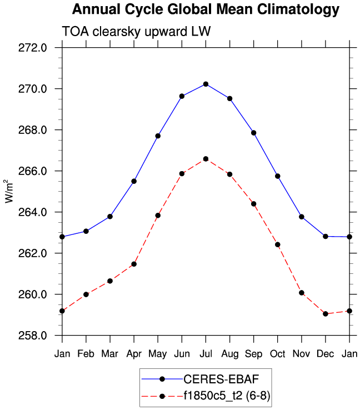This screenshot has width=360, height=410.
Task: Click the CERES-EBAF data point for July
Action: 206,84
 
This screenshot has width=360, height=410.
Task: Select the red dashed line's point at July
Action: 206,159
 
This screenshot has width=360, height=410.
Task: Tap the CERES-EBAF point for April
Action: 134,181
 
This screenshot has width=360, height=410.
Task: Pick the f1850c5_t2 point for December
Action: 325,314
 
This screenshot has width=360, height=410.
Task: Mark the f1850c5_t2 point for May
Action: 158,216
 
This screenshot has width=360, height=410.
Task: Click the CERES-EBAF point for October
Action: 277,176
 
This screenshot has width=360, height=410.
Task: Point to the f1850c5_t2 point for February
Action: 86,294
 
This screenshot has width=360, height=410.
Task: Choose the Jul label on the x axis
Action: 206,354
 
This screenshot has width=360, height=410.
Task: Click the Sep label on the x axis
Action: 253,354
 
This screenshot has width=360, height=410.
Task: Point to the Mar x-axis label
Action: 110,354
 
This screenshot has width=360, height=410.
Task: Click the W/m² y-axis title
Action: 9,192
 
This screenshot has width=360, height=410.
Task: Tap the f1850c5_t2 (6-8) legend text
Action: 228,396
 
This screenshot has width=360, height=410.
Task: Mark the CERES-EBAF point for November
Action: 301,217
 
